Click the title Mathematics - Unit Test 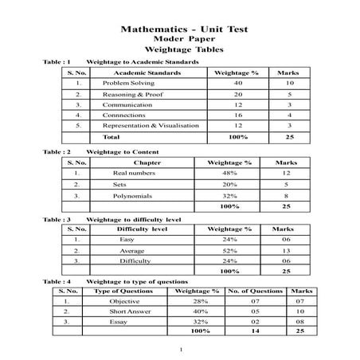184,29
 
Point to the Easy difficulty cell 127,239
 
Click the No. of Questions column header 255,292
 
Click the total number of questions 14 255,331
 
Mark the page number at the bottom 181,350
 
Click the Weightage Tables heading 183,49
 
